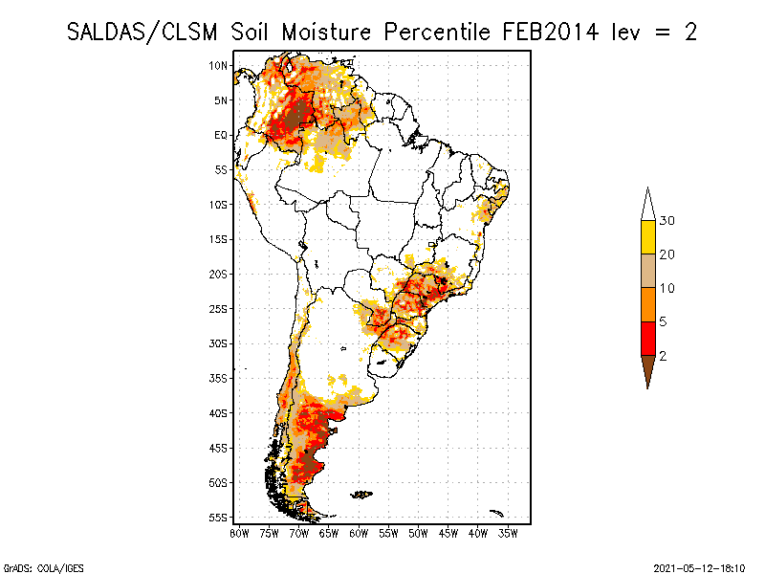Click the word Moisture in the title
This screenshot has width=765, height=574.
326,33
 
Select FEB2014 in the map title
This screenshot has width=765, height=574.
551,33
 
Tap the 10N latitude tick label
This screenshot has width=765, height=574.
218,65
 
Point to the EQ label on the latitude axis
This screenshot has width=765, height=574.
221,135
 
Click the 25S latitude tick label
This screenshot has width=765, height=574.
218,309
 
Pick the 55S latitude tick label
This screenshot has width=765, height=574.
218,518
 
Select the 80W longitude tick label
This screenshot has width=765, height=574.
239,534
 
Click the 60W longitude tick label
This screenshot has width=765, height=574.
359,534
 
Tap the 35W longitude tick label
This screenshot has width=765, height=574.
508,534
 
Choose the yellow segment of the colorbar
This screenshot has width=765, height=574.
648,237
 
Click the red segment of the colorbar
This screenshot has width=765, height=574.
648,339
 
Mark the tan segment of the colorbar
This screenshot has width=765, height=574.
648,271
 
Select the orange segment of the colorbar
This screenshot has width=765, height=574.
648,304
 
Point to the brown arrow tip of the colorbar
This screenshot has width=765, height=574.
648,389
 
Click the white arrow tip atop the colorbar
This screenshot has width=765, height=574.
648,187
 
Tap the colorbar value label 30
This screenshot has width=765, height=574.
667,221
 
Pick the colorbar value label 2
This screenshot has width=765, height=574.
663,356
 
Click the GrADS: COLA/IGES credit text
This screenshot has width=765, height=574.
44,568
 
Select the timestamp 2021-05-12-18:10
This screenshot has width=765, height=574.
699,568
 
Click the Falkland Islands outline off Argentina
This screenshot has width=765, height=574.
361,495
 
